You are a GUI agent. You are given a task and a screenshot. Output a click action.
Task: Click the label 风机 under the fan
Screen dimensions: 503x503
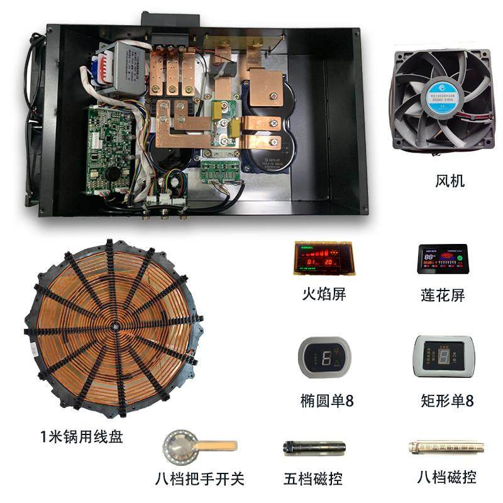pyautogui.click(x=450, y=182)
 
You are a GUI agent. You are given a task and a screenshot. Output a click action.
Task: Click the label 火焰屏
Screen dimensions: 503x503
pyautogui.click(x=324, y=294)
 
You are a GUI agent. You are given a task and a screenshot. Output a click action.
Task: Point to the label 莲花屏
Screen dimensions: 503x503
pyautogui.click(x=443, y=294)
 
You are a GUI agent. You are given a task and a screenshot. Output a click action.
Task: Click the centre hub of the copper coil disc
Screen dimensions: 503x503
pyautogui.click(x=116, y=327)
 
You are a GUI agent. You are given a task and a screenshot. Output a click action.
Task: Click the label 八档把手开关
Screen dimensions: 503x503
pyautogui.click(x=199, y=479)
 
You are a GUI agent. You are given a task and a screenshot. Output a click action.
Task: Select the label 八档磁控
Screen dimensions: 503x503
pyautogui.click(x=446, y=477)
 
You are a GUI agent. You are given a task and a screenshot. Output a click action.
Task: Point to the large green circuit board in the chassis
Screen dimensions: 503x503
pyautogui.click(x=111, y=148)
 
